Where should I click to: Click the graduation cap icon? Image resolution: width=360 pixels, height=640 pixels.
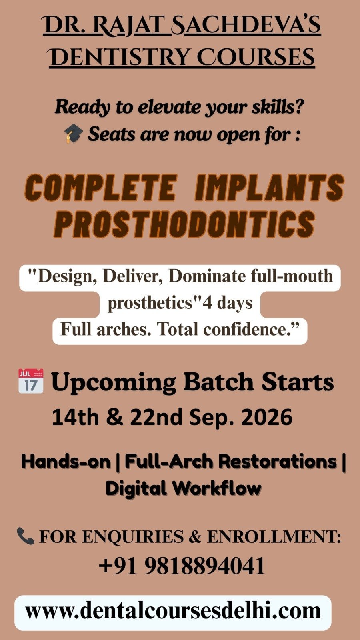pyautogui.click(x=74, y=134)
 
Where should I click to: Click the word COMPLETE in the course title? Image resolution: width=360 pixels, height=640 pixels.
pyautogui.click(x=100, y=188)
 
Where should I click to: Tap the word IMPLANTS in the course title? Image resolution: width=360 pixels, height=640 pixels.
pyautogui.click(x=270, y=188)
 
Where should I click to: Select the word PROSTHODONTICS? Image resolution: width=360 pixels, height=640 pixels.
pyautogui.click(x=184, y=224)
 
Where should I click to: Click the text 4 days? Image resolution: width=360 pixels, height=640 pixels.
pyautogui.click(x=228, y=304)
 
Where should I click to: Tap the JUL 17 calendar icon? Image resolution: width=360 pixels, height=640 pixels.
pyautogui.click(x=31, y=381)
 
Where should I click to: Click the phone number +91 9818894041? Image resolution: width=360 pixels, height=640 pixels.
pyautogui.click(x=182, y=566)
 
